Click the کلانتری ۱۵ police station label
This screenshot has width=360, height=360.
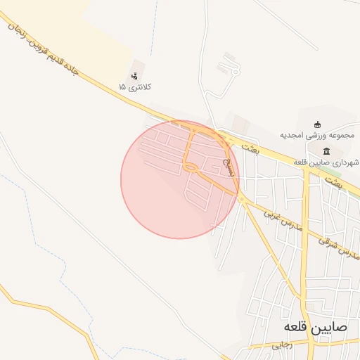[135, 87]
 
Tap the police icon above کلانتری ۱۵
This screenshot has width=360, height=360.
[135, 75]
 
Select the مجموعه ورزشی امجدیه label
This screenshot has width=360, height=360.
[317, 134]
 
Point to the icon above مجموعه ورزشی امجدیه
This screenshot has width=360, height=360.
[317, 124]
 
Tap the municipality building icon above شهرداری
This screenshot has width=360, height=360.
[326, 151]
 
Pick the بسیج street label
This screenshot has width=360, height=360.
[227, 165]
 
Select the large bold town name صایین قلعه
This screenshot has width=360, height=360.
[311, 327]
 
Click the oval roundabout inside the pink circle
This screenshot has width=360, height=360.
[191, 167]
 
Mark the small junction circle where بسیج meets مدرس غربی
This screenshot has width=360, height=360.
[241, 200]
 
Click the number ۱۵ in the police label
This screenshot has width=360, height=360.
[122, 87]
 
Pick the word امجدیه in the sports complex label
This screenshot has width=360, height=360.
[294, 134]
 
